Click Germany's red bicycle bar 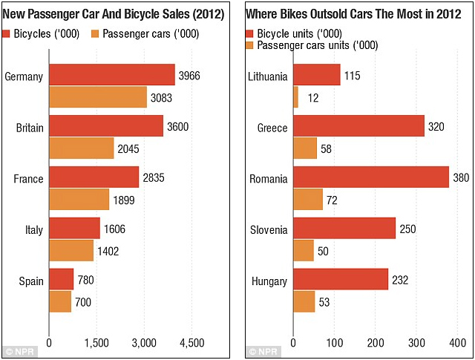[112, 75]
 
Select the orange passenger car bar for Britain [82, 148]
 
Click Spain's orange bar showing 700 [60, 301]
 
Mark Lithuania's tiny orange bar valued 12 [295, 96]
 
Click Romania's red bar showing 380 [371, 177]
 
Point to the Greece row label [272, 128]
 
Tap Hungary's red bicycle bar [341, 279]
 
